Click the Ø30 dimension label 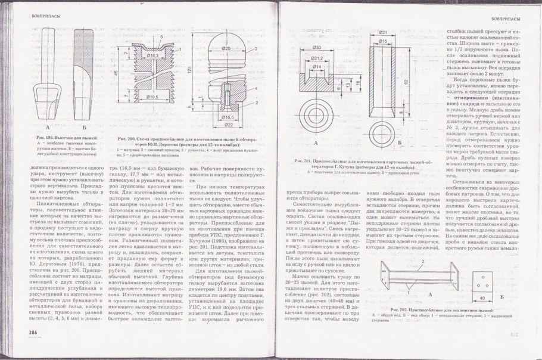(x=316, y=47)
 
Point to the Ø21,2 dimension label (x=317, y=58)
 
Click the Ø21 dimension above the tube (x=383, y=32)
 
